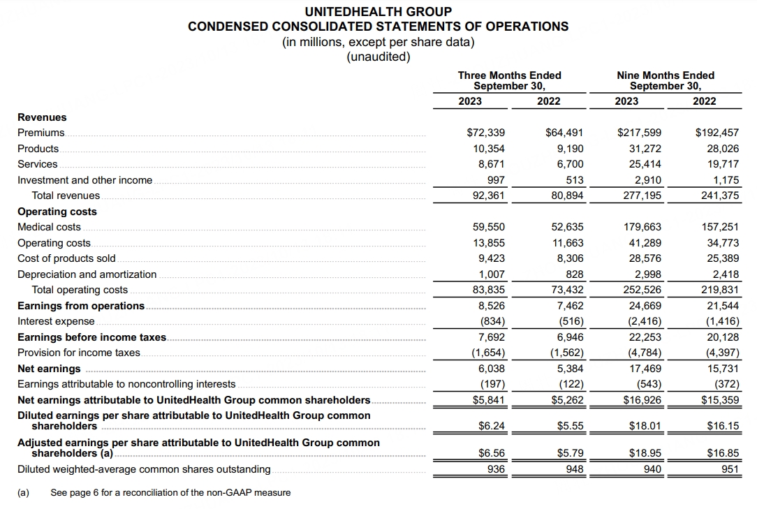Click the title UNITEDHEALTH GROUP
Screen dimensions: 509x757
(378, 12)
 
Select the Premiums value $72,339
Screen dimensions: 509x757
(485, 133)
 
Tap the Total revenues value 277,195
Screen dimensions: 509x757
(642, 196)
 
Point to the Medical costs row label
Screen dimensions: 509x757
(49, 227)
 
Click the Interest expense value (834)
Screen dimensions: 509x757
(492, 321)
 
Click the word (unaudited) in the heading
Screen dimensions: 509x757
(378, 57)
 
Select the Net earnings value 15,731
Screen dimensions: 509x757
(721, 369)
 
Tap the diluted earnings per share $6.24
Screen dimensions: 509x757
(492, 426)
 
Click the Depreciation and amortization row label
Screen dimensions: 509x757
(87, 274)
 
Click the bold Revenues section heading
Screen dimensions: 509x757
(42, 117)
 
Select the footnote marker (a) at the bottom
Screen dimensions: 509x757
(23, 492)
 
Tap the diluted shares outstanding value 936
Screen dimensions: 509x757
(496, 469)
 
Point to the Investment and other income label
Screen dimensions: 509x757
(84, 180)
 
